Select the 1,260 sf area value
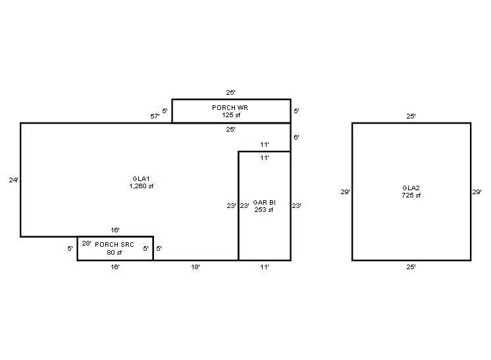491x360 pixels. [142, 186]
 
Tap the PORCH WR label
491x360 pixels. [230, 107]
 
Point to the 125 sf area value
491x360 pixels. [231, 115]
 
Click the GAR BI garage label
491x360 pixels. [263, 202]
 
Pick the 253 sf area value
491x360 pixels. [263, 210]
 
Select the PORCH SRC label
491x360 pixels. [115, 244]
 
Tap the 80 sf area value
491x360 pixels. [115, 252]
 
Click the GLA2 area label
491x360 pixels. [411, 188]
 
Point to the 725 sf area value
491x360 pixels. [411, 195]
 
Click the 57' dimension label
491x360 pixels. [155, 116]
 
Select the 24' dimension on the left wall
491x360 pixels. [13, 179]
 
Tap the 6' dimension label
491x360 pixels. [296, 138]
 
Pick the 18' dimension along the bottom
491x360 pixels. [195, 268]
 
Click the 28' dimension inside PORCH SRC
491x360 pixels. [86, 244]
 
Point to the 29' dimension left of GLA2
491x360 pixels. [345, 192]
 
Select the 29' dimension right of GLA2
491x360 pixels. [478, 192]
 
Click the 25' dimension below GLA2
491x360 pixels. [411, 268]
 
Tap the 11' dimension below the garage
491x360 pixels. [264, 268]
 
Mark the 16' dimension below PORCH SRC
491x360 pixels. [115, 268]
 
